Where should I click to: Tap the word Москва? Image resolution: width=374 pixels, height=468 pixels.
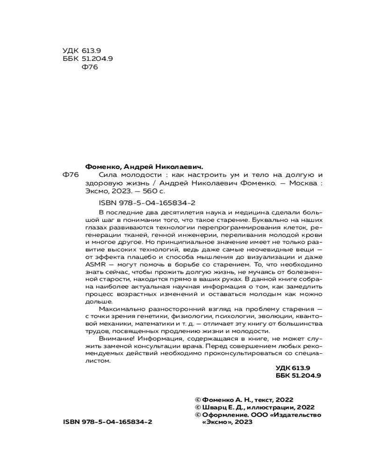pyautogui.click(x=302, y=183)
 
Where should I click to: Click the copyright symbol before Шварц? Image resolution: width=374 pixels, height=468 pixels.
pyautogui.click(x=198, y=407)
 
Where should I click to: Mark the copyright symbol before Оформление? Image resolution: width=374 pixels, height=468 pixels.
pyautogui.click(x=198, y=415)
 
